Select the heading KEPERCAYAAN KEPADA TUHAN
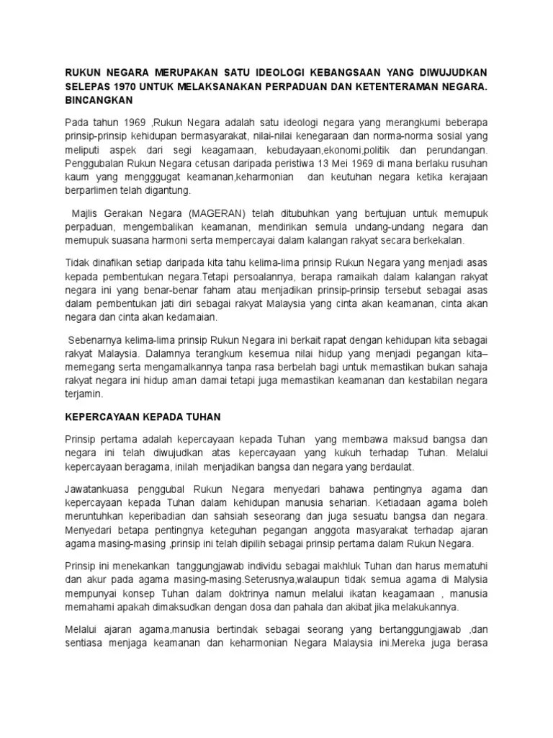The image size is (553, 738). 143,417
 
